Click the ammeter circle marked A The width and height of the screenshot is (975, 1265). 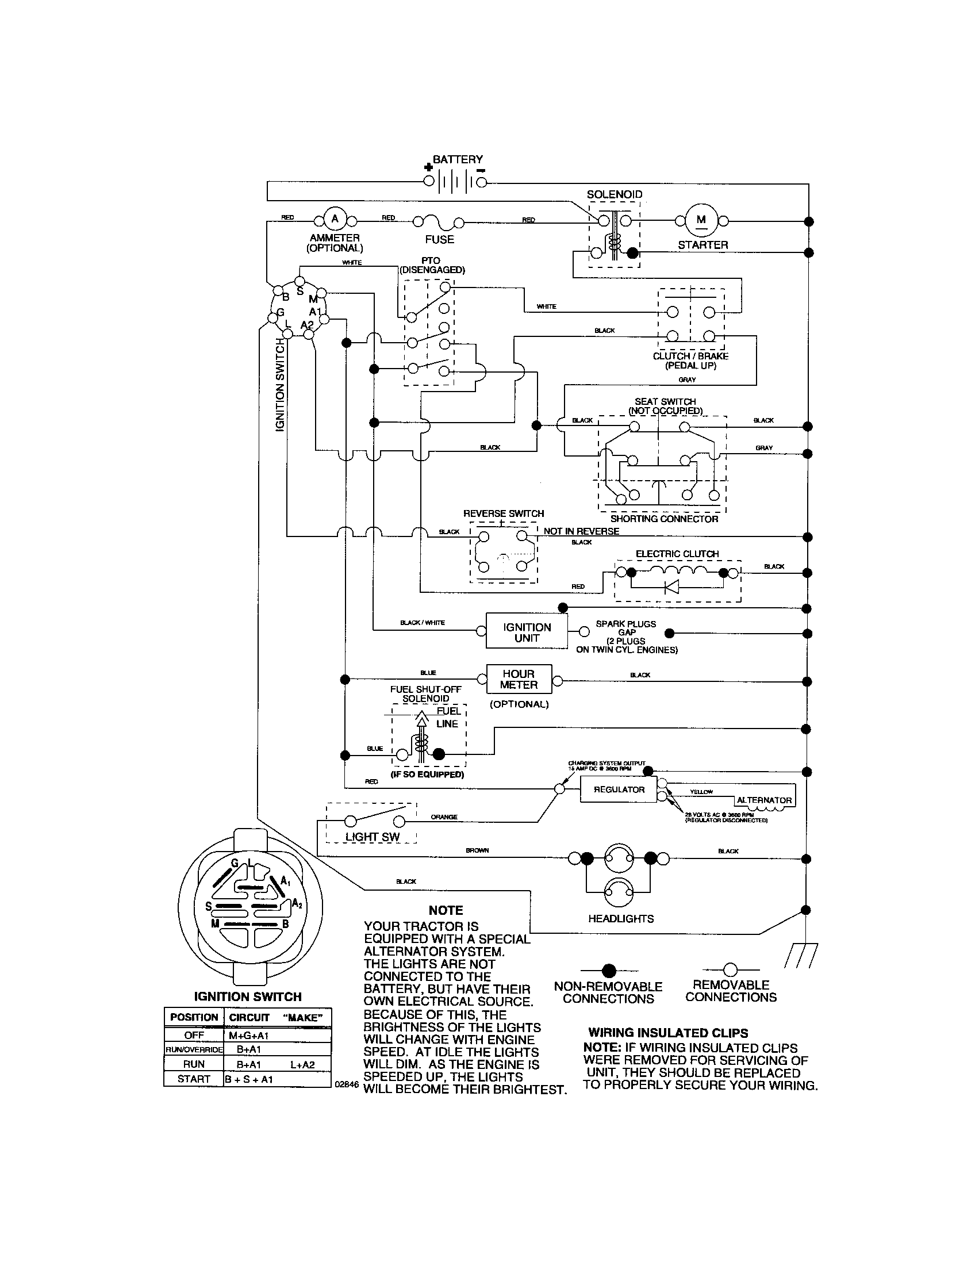coord(335,219)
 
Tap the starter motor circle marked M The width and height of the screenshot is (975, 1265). coord(701,220)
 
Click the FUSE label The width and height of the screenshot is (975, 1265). coord(439,239)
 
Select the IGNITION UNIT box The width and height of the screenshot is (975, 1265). coord(526,632)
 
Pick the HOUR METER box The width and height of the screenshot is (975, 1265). coord(519,679)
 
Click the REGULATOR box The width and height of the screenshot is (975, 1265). coord(619,789)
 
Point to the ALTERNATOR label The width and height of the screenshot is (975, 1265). coord(763,800)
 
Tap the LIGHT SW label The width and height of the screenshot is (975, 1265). coord(373,837)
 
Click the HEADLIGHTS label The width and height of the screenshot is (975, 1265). coord(621,919)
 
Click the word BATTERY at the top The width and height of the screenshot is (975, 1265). coord(458,159)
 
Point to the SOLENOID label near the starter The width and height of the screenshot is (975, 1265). coord(615,194)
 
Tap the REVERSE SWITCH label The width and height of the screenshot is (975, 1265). coord(503,513)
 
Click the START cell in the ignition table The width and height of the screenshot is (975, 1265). coord(193,1079)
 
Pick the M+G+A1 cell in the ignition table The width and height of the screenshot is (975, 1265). coord(248,1035)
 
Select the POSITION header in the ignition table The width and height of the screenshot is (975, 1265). coord(194,1017)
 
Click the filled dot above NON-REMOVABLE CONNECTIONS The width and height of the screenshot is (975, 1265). coord(608,970)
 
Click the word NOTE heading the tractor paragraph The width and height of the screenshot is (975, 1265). coord(446,910)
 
